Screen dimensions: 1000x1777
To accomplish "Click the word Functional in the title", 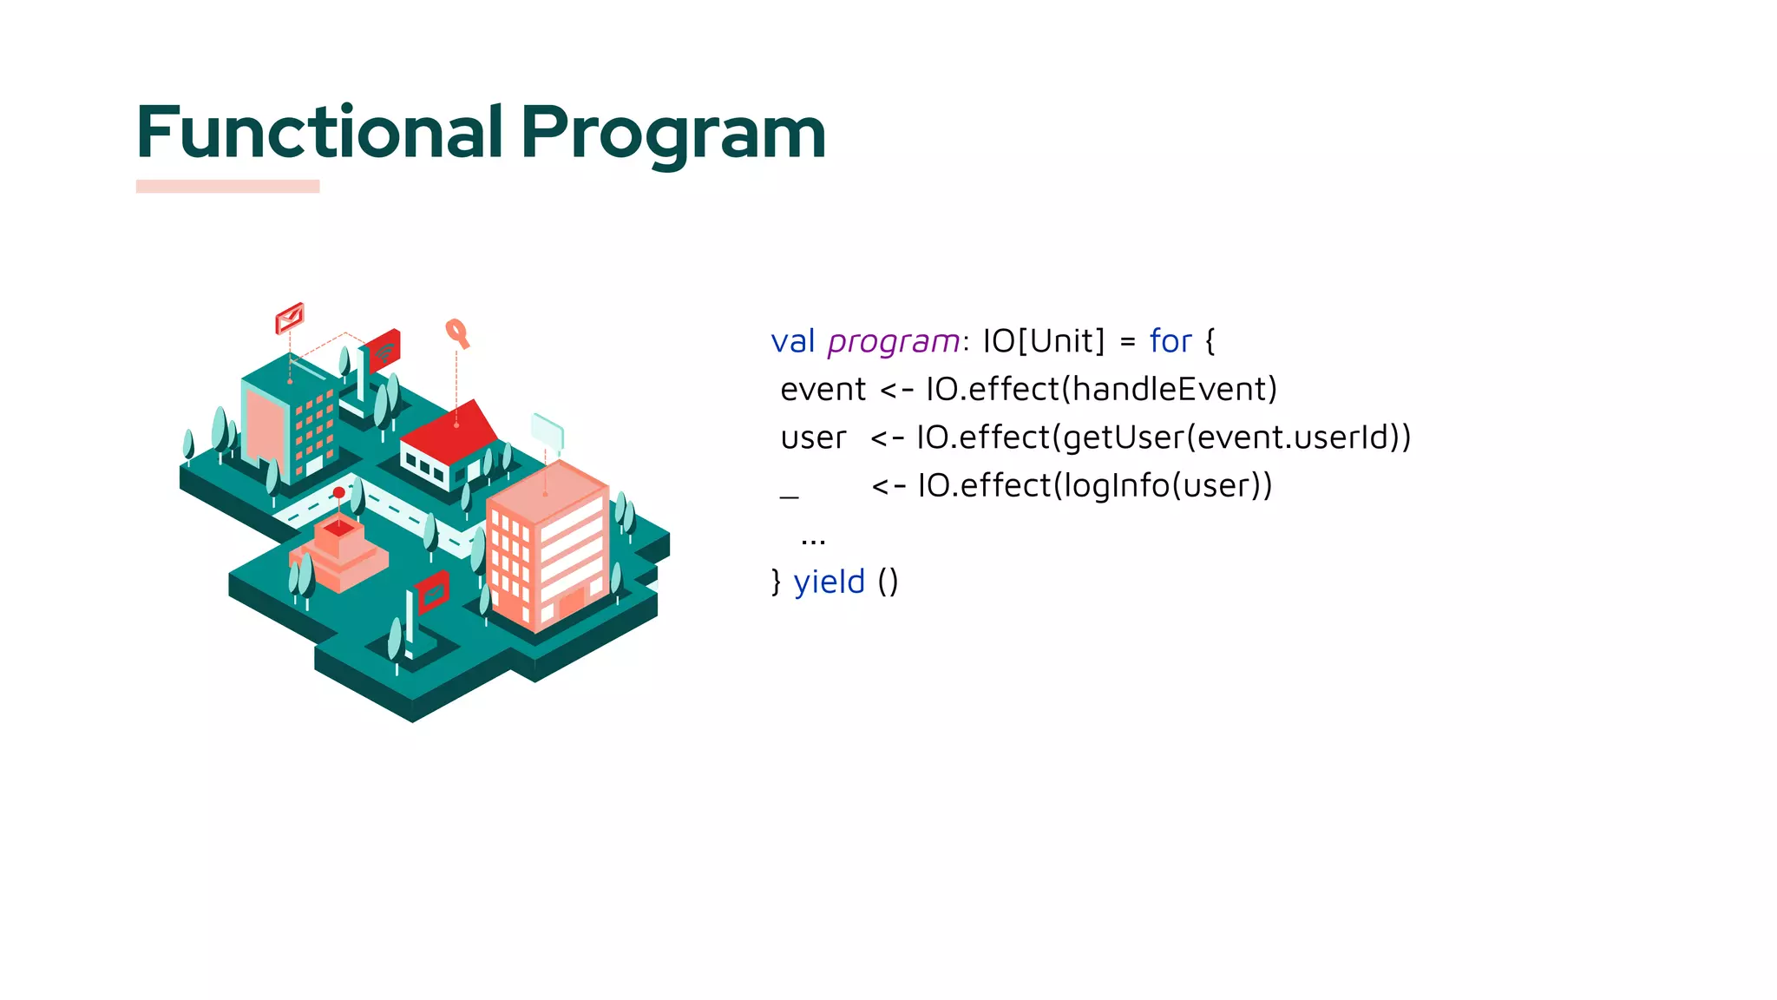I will (319, 132).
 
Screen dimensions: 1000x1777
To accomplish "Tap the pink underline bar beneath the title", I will (227, 186).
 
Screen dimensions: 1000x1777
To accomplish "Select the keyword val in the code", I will (792, 341).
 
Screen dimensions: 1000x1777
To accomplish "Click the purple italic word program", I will (893, 342).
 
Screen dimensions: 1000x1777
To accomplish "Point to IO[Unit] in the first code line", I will (1043, 340).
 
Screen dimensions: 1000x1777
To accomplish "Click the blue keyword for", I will (1170, 341).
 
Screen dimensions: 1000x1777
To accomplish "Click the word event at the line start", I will (823, 390).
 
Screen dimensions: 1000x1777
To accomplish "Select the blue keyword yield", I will (829, 582).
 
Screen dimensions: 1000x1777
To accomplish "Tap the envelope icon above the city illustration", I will (290, 318).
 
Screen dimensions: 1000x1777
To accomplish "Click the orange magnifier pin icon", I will (456, 332).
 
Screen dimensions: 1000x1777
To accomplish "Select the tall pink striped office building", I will (549, 547).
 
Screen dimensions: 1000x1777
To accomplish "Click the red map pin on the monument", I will (339, 493).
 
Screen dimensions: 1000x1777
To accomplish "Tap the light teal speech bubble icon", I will (548, 431).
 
